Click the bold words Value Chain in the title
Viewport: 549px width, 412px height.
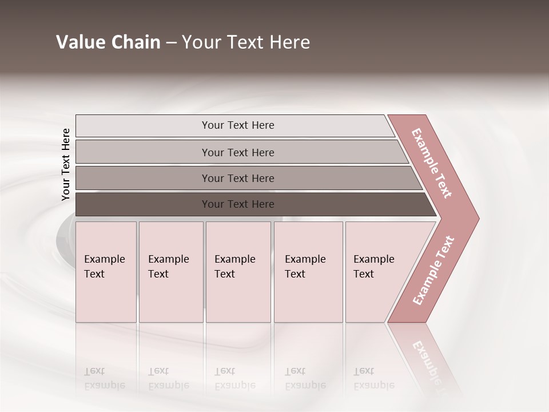(108, 42)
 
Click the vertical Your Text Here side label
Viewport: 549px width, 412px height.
(66, 164)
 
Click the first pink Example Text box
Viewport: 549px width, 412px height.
(106, 272)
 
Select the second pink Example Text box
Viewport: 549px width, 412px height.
(170, 272)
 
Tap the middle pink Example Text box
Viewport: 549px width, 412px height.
(238, 272)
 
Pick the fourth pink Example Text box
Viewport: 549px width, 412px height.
(308, 272)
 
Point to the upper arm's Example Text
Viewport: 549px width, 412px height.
(432, 163)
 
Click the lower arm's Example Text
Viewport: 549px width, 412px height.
(433, 270)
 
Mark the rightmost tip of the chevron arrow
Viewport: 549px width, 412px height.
(478, 218)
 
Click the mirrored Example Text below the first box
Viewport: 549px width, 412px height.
(104, 378)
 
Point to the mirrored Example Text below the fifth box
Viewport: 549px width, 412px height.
(373, 378)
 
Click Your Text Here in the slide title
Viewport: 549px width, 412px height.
(246, 42)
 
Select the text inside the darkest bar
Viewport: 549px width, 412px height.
(238, 204)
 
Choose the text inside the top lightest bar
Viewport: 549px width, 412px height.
(238, 125)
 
